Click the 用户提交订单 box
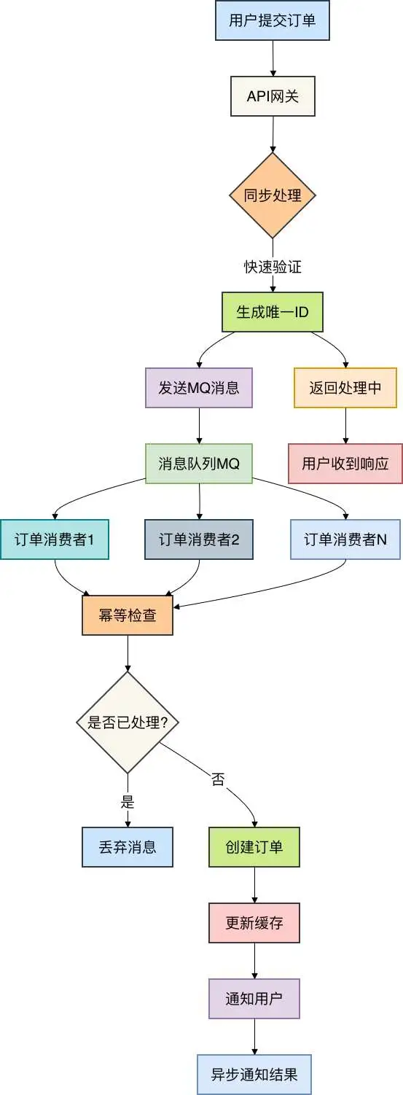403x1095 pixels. click(272, 20)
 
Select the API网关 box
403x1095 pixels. click(273, 96)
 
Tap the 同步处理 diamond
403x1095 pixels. click(273, 195)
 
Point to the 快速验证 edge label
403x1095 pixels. click(273, 267)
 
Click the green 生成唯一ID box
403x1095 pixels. click(273, 312)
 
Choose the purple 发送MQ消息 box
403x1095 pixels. click(199, 388)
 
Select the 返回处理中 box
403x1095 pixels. click(345, 388)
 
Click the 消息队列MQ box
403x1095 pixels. click(199, 463)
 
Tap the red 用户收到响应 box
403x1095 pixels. click(345, 463)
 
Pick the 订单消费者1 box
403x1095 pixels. click(55, 539)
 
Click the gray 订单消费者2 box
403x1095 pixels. click(199, 539)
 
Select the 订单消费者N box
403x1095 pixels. click(345, 539)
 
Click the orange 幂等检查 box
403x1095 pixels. click(128, 615)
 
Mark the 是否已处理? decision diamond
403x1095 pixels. click(128, 722)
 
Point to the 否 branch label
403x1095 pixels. click(218, 780)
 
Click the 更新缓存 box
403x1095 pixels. click(254, 923)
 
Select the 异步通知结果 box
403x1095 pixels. click(254, 1075)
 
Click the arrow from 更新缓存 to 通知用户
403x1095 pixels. click(254, 961)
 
